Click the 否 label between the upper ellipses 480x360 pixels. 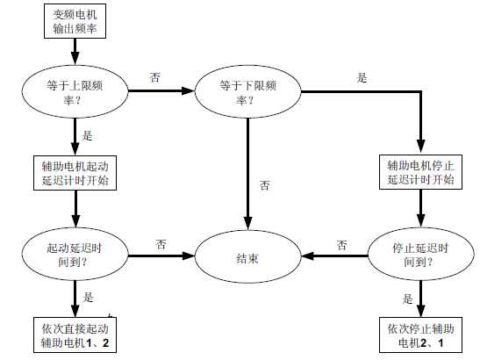click(x=155, y=77)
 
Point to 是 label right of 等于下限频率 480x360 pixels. click(x=362, y=77)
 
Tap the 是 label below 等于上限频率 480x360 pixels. click(x=87, y=135)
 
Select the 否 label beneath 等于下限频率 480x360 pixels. click(x=265, y=185)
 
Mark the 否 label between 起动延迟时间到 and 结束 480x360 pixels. click(x=161, y=244)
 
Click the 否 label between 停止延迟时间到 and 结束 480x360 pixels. click(x=342, y=245)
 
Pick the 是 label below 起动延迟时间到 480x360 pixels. click(x=88, y=297)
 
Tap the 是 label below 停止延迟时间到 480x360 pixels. click(x=407, y=299)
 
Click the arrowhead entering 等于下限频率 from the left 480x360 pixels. click(x=189, y=91)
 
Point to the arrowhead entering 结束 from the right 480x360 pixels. click(x=308, y=256)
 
